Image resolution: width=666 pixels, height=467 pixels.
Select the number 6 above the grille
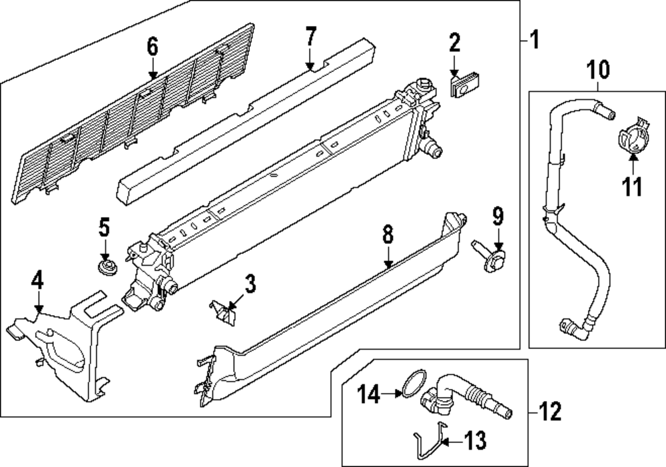tap(153, 47)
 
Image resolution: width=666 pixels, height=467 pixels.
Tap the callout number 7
tap(310, 37)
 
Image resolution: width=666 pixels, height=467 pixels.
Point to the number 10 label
tap(597, 68)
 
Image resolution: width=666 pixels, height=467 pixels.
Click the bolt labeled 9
tap(490, 256)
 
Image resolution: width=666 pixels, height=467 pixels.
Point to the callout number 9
tap(498, 217)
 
